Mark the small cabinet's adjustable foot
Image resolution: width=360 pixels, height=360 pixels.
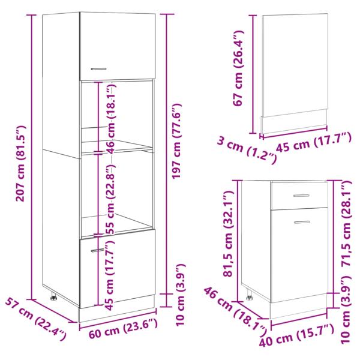[249, 295]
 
